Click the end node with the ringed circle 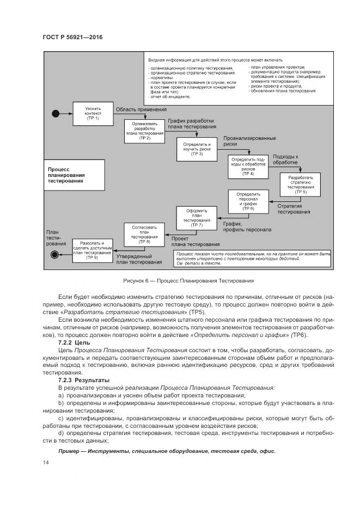[54, 254]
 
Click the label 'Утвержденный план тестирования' [138, 259]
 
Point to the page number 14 [45, 463]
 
